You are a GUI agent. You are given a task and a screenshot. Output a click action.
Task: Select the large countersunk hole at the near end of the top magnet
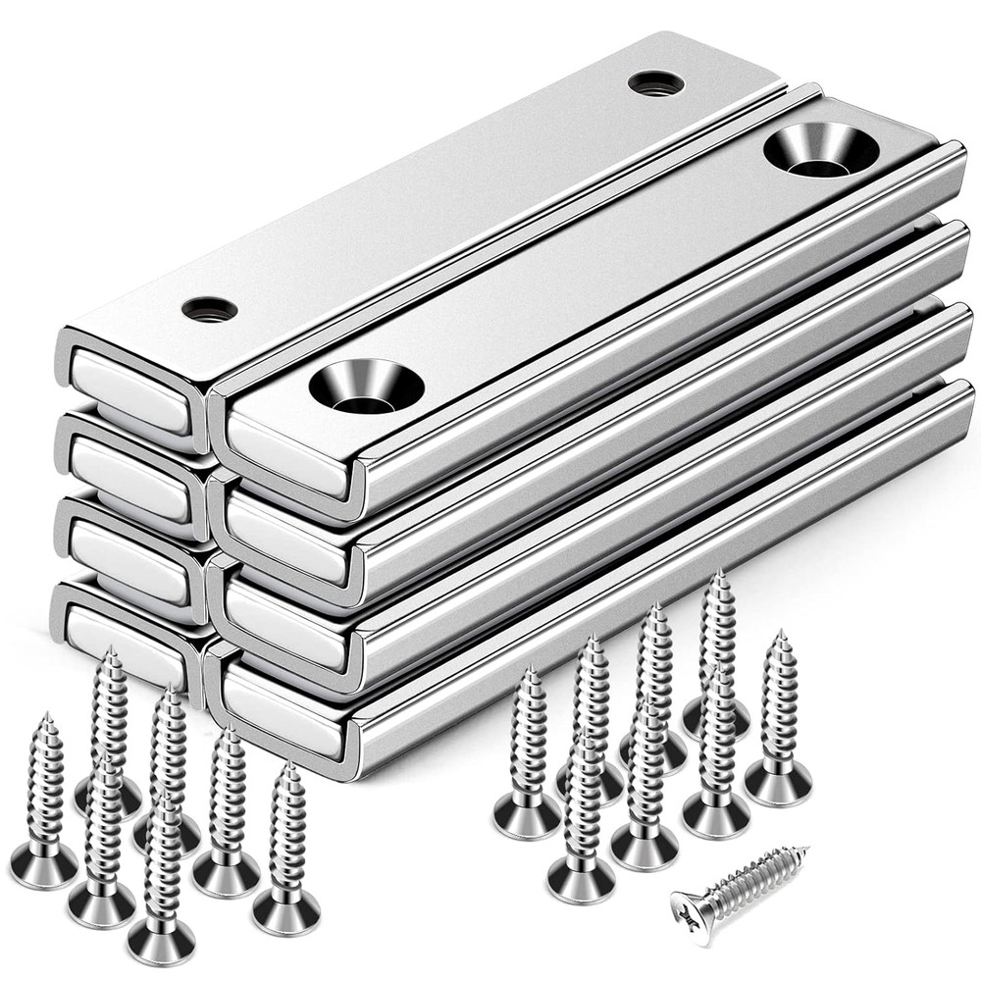pos(366,385)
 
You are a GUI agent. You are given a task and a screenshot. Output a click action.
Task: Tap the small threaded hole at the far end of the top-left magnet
pos(656,82)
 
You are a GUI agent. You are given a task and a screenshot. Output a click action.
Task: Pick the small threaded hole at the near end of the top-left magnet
pos(209,308)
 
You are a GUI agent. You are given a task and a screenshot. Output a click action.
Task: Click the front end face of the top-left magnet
pos(130,390)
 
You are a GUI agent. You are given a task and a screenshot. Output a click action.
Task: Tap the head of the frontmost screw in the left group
pos(161,942)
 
